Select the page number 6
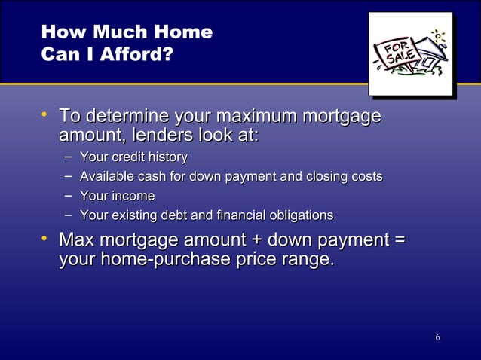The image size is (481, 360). (x=437, y=336)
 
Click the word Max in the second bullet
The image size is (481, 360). (x=77, y=240)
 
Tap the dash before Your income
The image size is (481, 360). (x=69, y=196)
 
